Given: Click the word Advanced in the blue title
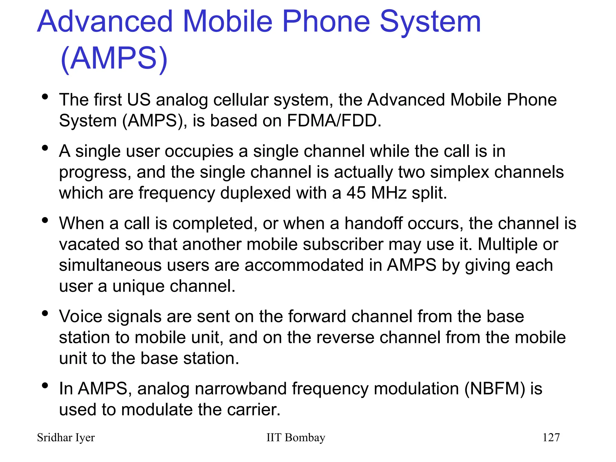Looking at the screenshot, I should [x=105, y=22].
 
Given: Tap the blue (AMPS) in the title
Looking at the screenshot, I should [x=114, y=58].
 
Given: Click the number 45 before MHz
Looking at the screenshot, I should [x=356, y=193].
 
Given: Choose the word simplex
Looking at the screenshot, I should [x=459, y=172].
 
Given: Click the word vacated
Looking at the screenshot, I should [x=89, y=244].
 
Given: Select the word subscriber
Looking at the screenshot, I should [x=343, y=244].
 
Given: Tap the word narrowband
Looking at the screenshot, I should [x=240, y=389].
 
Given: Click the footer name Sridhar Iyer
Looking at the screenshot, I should [x=66, y=438].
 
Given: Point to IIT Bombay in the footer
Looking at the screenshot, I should [x=296, y=438].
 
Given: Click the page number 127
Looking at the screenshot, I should [x=551, y=438].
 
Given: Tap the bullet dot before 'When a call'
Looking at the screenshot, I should [x=45, y=220].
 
